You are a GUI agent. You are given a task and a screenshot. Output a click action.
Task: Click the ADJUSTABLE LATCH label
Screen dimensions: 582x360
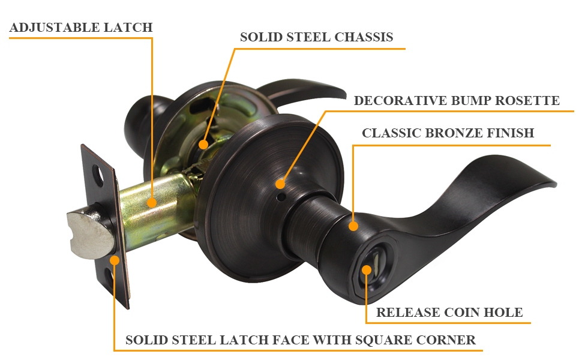pos(81,28)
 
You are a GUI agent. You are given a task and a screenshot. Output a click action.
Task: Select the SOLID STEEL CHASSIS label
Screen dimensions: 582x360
pos(317,37)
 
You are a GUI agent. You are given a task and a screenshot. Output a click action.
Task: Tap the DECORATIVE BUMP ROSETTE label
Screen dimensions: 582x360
pos(457,100)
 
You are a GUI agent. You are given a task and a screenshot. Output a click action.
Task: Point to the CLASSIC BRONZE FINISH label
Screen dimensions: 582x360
pos(448,133)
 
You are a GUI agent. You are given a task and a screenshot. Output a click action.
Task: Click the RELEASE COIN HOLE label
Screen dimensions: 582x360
pos(449,312)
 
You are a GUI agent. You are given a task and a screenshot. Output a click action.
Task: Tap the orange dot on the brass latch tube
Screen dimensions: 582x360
pos(152,203)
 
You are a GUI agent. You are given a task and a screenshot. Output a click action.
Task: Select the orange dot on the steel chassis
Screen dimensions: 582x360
pos(204,145)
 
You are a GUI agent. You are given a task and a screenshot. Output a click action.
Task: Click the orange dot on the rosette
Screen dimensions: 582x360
pos(281,184)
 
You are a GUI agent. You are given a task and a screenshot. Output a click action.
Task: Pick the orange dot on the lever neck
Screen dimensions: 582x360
pos(353,226)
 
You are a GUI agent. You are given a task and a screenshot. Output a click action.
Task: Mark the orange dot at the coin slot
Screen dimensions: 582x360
pos(366,271)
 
